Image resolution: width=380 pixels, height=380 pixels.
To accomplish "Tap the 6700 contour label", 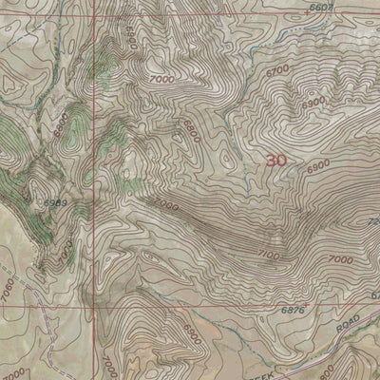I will click(x=278, y=70).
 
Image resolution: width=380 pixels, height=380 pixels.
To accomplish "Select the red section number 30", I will click(x=276, y=161).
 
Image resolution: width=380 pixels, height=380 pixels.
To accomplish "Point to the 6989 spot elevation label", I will click(x=53, y=203).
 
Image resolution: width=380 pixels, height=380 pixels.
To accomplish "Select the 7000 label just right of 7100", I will click(x=336, y=259).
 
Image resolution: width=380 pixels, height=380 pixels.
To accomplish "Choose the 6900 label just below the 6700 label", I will click(x=313, y=101).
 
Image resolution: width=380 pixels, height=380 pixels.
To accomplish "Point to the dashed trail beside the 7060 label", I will click(x=28, y=285).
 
